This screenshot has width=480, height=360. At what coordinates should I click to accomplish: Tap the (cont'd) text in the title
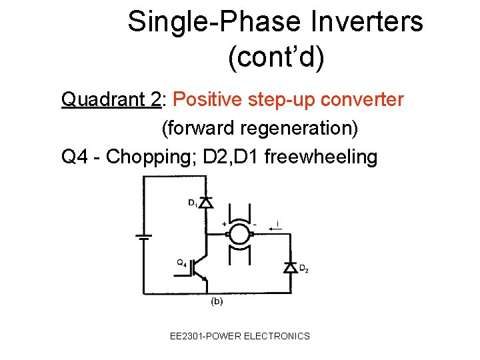coord(276,57)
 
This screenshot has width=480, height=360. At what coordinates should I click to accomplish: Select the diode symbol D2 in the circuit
coord(290,267)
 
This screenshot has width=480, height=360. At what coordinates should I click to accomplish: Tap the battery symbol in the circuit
coord(142,235)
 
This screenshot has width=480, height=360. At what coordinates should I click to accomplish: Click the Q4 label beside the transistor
coord(181,262)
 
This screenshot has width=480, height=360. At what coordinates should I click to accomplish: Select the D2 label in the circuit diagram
coord(303,269)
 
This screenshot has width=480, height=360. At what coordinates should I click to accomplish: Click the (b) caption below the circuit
coord(217,302)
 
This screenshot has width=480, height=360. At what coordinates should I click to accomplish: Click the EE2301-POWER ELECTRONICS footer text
coord(240,336)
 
